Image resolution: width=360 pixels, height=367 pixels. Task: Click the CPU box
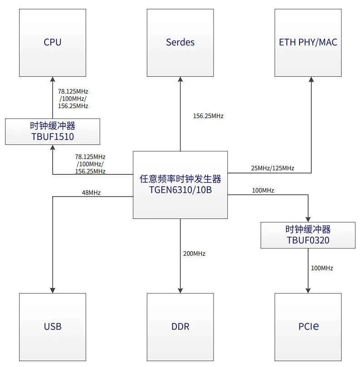[x=52, y=43]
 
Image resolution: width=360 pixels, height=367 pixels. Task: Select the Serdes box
[x=180, y=43]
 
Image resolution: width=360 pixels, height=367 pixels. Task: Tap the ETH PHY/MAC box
[x=308, y=43]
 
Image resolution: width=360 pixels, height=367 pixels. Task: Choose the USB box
[x=52, y=327]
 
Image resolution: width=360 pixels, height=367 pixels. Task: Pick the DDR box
[x=180, y=327]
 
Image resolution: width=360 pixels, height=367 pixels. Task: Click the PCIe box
[x=308, y=327]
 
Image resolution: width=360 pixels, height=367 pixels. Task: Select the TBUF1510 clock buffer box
[x=52, y=132]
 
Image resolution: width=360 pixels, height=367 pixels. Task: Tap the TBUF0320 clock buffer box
[x=308, y=235]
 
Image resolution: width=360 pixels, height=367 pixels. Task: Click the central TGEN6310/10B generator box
[x=180, y=184]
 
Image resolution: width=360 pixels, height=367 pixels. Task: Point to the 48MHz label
[x=91, y=193]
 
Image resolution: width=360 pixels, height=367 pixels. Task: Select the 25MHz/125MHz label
[x=272, y=168]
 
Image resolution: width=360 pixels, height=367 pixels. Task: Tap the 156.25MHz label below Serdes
[x=208, y=116]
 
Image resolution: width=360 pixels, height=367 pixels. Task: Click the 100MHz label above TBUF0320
[x=263, y=190]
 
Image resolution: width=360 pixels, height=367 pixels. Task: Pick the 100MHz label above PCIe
[x=322, y=268]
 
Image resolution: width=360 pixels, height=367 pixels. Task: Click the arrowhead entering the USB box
[x=52, y=290]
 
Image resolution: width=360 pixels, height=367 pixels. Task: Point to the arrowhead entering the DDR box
[x=180, y=290]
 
